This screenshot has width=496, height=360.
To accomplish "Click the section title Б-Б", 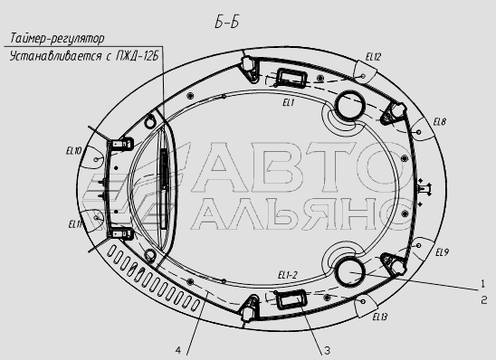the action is point(226,23).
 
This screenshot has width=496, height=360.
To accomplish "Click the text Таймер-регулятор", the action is point(57,39).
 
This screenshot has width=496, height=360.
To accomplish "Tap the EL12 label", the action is point(373,57).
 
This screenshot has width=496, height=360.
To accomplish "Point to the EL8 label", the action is point(440,122).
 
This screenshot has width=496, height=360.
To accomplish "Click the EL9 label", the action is point(442,252).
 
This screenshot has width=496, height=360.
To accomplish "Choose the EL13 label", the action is point(380,317).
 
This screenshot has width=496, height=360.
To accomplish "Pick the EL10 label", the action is point(73,151).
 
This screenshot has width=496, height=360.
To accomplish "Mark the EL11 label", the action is point(75,224).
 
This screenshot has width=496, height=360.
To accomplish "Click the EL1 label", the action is point(289,103).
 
